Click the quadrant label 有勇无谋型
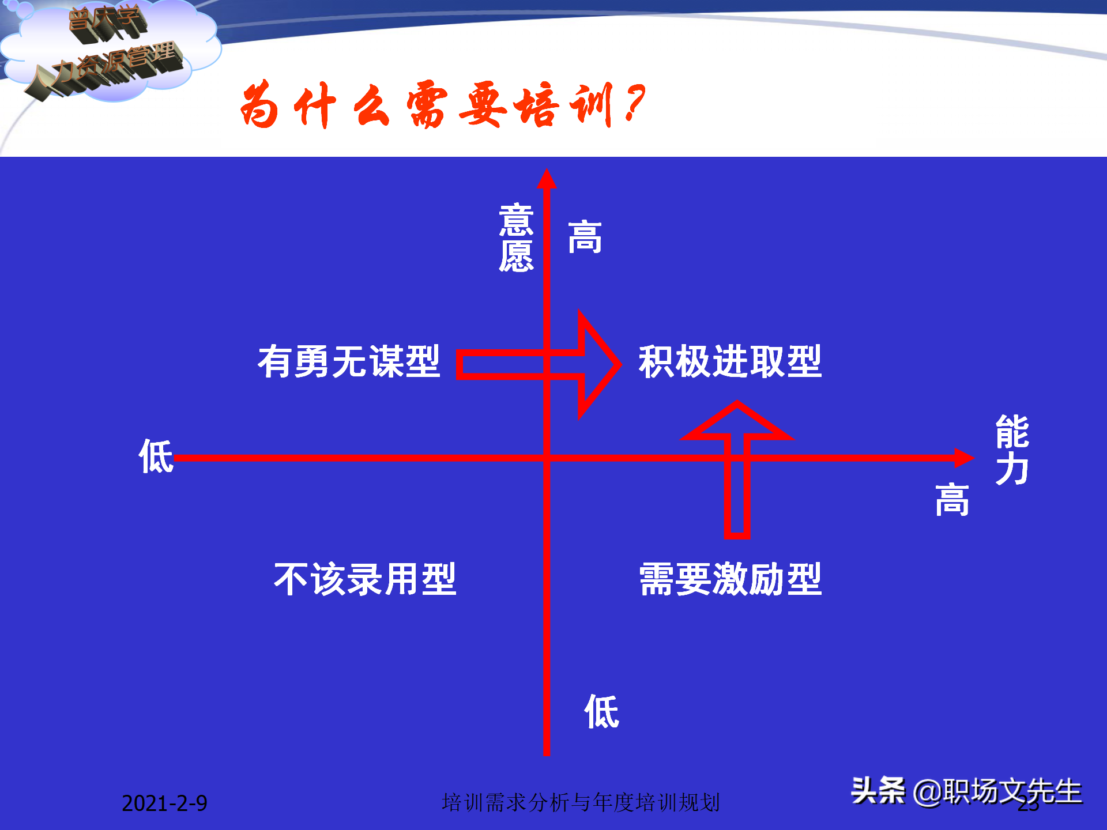pos(349,362)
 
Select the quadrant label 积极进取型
pos(729,362)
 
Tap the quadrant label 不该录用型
pos(365,579)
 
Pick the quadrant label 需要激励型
pos(730,579)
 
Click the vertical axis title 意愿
pos(516,237)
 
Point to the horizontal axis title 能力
pos(1012,450)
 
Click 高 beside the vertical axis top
pos(585,237)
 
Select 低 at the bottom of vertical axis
pos(601,712)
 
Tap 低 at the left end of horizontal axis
pos(156,456)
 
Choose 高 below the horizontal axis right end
pos(952,500)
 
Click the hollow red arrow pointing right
pos(539,364)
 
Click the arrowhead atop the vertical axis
pos(547,179)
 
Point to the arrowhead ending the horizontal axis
pos(964,458)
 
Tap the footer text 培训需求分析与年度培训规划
pos(581,802)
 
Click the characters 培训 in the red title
pos(562,105)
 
